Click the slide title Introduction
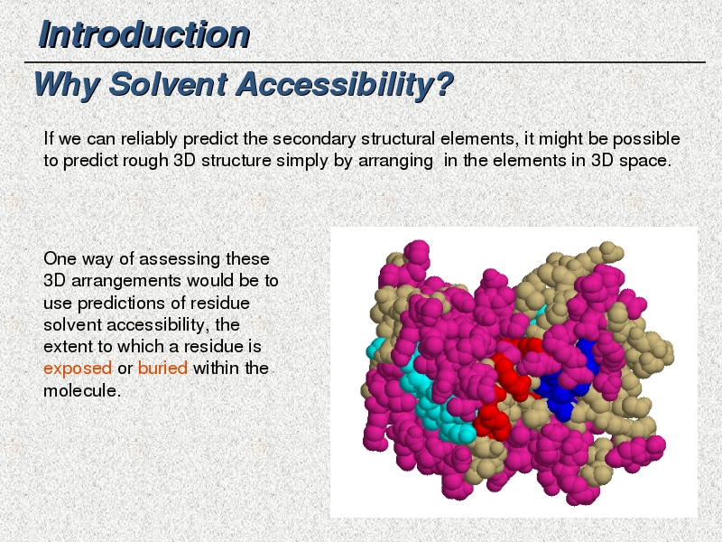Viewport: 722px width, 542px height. pyautogui.click(x=144, y=34)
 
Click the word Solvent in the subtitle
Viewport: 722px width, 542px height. pyautogui.click(x=168, y=84)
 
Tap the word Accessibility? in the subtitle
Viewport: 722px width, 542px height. pyautogui.click(x=345, y=85)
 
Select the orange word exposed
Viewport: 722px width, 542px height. pyautogui.click(x=78, y=369)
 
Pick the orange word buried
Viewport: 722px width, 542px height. pyautogui.click(x=162, y=368)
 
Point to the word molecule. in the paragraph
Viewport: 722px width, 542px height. pyautogui.click(x=82, y=390)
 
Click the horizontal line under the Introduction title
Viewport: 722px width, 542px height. pyautogui.click(x=365, y=61)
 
